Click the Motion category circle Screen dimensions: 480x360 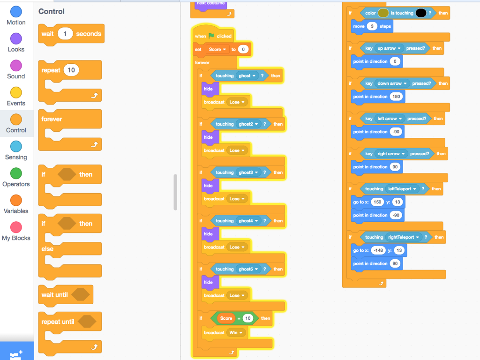point(16,12)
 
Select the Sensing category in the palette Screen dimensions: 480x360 point(16,150)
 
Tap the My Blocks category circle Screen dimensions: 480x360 point(16,227)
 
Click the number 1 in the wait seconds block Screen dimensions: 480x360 point(65,34)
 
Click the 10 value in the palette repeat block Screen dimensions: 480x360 point(71,70)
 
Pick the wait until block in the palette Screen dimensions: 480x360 point(66,295)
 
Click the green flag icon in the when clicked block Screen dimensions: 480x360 point(211,36)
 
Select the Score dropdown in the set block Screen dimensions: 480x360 point(217,49)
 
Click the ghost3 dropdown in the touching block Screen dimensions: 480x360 point(248,172)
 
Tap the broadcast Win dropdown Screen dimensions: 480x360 point(236,332)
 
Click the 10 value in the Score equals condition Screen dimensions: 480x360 point(247,318)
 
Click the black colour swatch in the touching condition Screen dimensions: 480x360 point(421,13)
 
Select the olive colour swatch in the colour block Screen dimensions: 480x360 point(383,13)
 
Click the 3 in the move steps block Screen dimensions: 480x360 point(372,26)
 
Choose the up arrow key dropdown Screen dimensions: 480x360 point(389,48)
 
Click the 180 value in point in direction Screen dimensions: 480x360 point(396,97)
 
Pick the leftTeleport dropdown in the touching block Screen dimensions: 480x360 point(402,189)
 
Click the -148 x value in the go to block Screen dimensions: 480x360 point(378,250)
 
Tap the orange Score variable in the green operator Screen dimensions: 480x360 point(226,318)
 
